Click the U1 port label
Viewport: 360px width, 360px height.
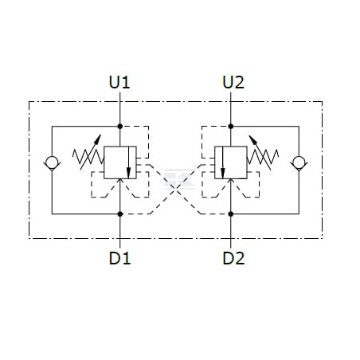coord(119,82)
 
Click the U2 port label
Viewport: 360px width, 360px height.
coord(233,82)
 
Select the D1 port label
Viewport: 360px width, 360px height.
coord(119,258)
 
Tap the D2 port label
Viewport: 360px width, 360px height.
coord(233,258)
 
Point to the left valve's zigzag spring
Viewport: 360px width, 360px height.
coord(88,157)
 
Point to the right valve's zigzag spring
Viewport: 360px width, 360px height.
coord(263,157)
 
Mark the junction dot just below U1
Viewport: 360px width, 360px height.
coord(120,127)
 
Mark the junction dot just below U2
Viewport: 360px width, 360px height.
coord(231,127)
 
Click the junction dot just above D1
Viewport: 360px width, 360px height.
coord(120,213)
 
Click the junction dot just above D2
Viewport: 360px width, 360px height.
coord(231,213)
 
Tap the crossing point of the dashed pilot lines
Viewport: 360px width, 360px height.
coord(175,188)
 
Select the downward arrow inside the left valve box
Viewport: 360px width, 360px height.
coord(129,162)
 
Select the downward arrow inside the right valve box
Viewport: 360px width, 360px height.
coord(222,162)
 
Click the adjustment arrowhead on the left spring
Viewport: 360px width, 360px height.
coord(98,139)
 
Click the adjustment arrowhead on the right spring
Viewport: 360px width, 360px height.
coord(252,139)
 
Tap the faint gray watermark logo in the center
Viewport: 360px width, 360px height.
coord(178,179)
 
